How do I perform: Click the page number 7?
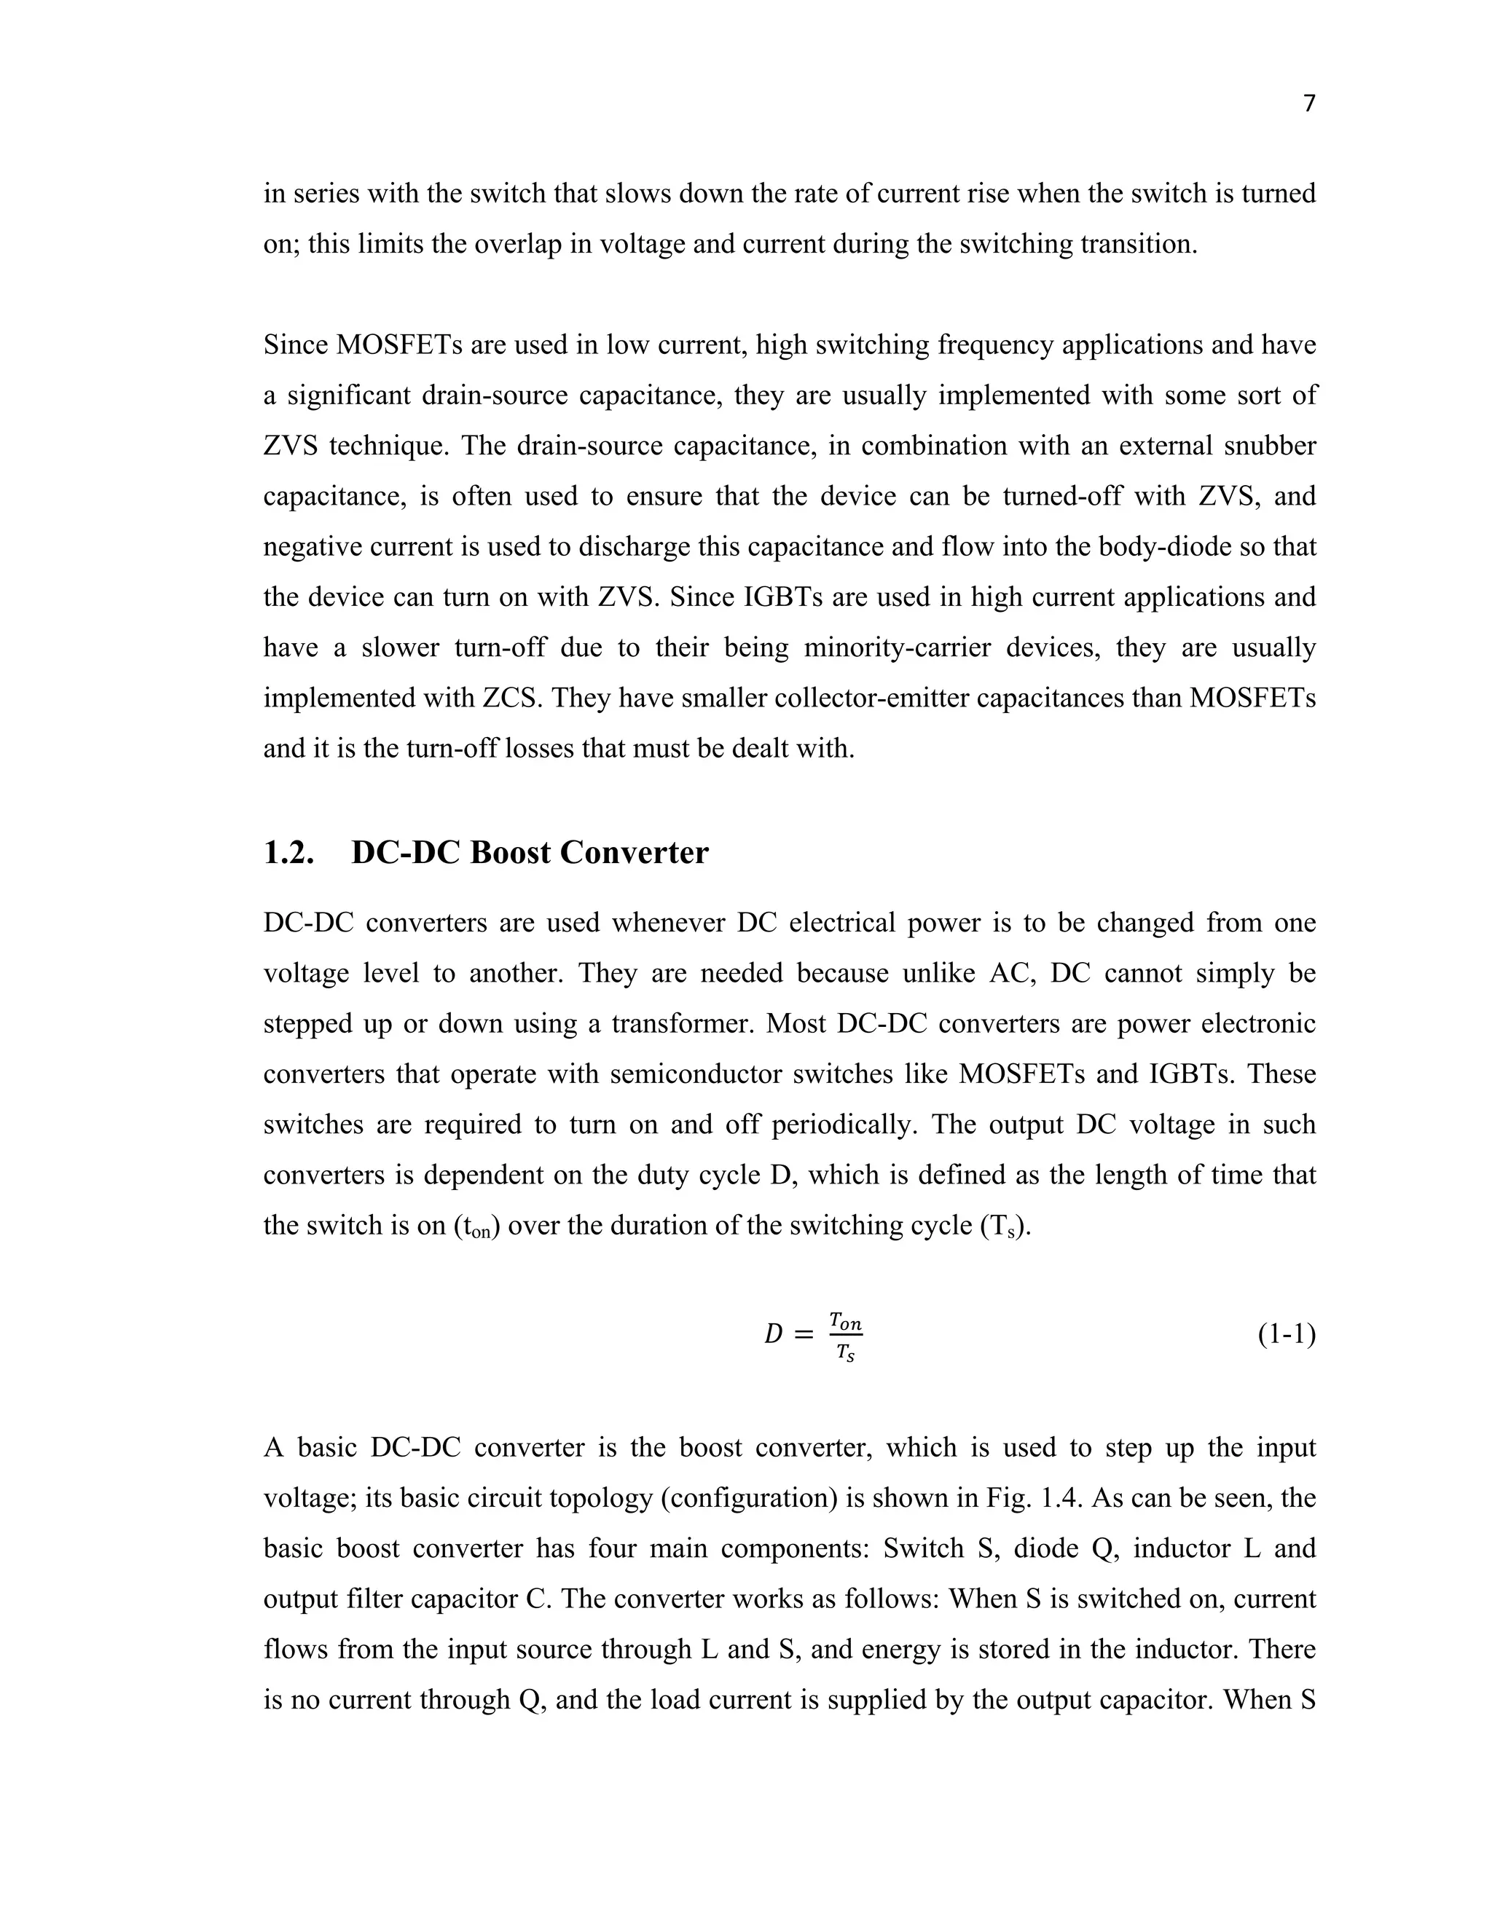point(1309,104)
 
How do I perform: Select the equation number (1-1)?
point(1286,1334)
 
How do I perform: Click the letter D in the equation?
point(774,1335)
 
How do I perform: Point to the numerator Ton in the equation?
point(845,1322)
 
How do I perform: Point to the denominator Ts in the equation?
point(845,1352)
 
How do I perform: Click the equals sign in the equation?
point(804,1335)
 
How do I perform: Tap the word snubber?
point(1269,446)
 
